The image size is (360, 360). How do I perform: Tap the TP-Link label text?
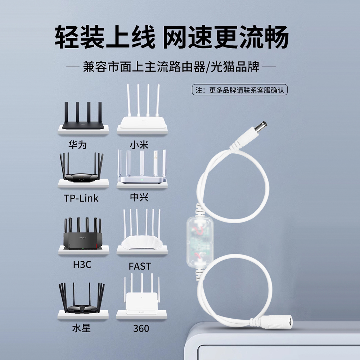tap(81, 198)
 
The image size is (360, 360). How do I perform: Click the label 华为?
tap(78, 145)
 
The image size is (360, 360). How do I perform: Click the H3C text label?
tap(82, 265)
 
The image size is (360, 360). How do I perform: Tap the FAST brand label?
tap(140, 266)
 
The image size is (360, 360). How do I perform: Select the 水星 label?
tap(81, 328)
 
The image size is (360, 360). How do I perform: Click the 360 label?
tap(141, 328)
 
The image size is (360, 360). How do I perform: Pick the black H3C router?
tap(83, 234)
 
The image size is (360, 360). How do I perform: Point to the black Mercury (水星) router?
tap(82, 299)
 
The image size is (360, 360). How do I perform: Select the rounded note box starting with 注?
tap(240, 90)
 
